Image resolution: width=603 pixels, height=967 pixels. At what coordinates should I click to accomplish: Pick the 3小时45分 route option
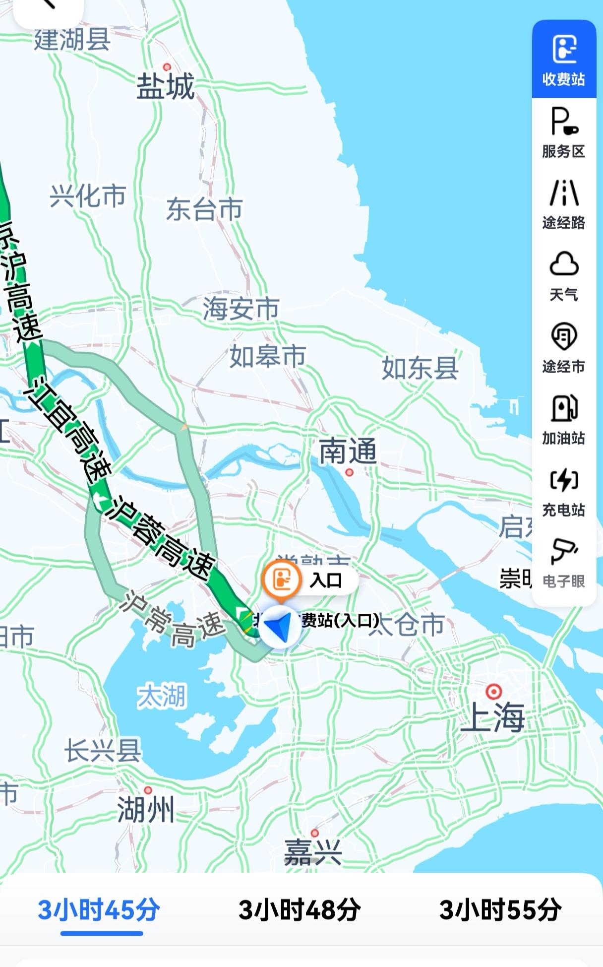click(99, 910)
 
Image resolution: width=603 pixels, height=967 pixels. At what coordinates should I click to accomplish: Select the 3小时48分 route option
click(300, 910)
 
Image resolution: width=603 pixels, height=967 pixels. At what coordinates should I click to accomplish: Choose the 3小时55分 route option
click(500, 910)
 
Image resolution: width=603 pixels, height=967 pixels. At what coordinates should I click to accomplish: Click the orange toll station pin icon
click(282, 579)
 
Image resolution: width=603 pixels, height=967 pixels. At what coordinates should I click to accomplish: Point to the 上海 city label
click(492, 717)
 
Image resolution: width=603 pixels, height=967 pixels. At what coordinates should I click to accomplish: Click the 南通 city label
click(348, 451)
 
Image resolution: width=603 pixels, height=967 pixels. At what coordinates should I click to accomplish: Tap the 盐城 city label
click(166, 87)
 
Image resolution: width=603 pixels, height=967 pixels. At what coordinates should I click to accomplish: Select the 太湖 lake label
click(162, 696)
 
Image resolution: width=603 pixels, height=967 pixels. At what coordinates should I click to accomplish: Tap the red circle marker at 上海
click(493, 691)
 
